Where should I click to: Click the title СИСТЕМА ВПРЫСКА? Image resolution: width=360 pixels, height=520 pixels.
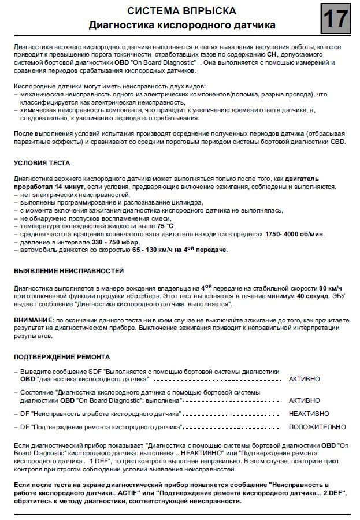click(181, 12)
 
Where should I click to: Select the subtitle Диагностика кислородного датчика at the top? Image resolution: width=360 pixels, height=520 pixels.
click(181, 25)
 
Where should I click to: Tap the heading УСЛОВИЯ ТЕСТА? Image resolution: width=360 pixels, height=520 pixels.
click(43, 163)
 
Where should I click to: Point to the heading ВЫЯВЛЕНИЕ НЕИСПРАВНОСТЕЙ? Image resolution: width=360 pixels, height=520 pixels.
click(69, 270)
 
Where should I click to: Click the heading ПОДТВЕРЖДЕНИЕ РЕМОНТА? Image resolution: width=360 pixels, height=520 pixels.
click(62, 357)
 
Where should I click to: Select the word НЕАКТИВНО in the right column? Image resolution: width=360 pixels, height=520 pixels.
click(309, 414)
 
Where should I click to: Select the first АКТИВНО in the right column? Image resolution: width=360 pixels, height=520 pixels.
click(305, 379)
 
